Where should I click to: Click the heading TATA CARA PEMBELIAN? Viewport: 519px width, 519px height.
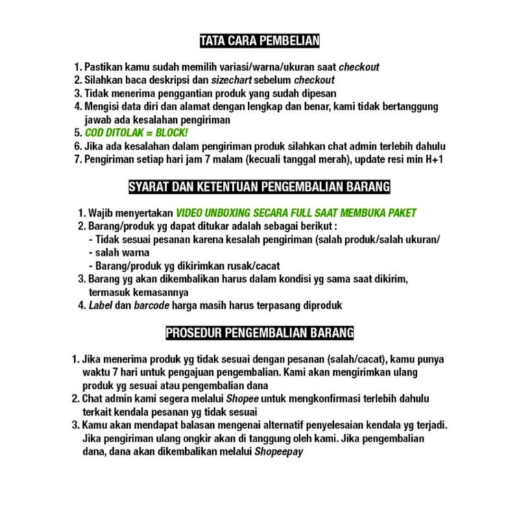tap(259, 42)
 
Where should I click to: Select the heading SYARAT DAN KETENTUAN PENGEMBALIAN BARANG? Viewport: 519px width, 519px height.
tap(259, 187)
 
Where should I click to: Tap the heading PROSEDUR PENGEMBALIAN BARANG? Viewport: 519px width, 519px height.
tap(259, 333)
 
